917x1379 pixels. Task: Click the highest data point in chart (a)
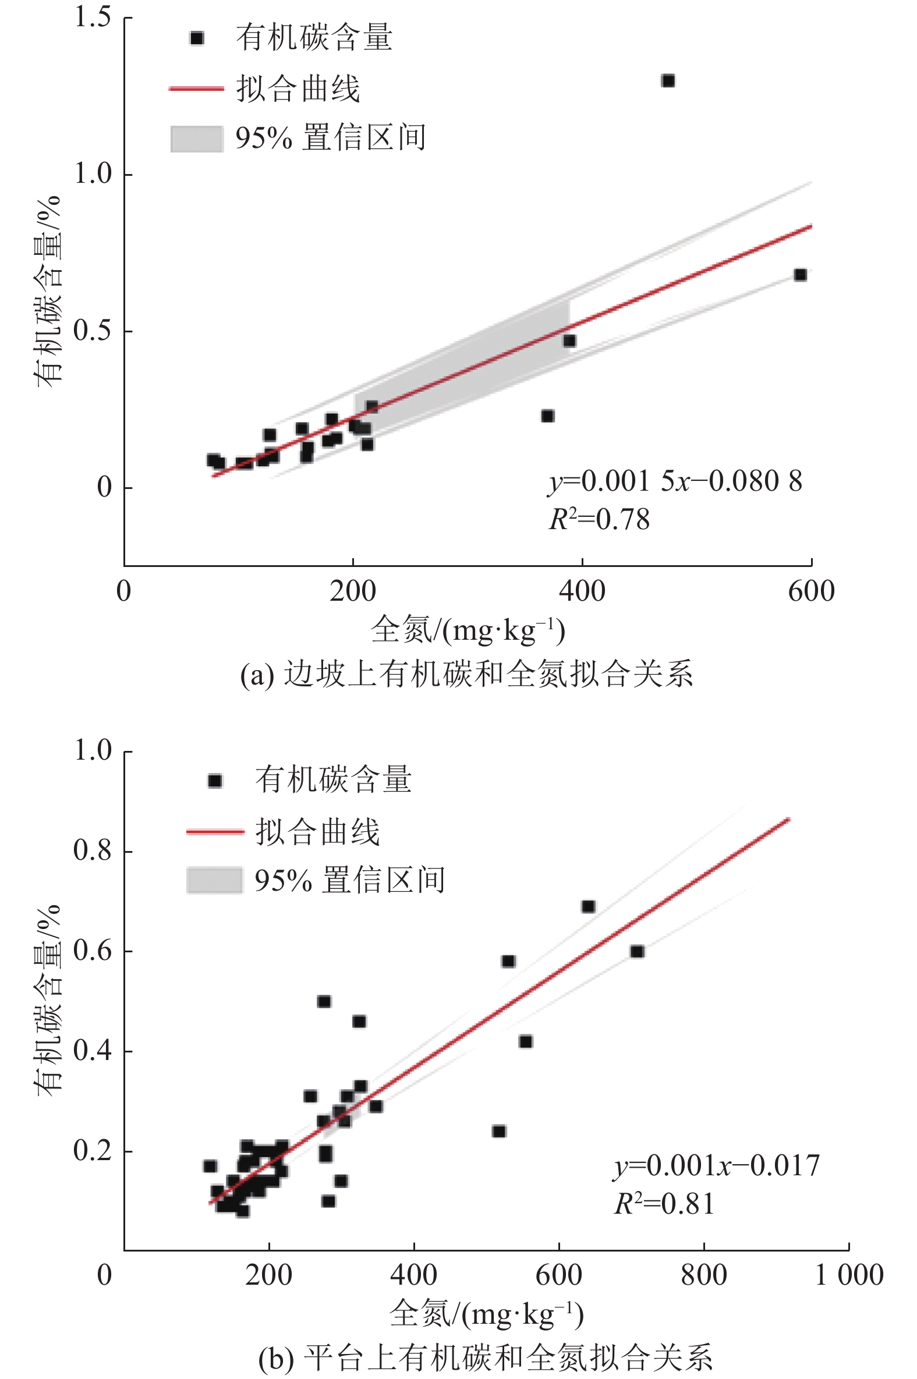tap(668, 81)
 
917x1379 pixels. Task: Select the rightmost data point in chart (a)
tap(801, 275)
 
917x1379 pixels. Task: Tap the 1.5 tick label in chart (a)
tap(93, 17)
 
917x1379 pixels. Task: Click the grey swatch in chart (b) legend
tap(214, 880)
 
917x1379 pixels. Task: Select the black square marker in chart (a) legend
tap(197, 38)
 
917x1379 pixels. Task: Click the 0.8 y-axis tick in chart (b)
tap(93, 850)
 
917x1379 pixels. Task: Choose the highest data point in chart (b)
tap(588, 907)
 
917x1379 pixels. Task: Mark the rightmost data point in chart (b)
tap(637, 952)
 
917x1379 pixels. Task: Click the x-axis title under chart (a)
tap(468, 630)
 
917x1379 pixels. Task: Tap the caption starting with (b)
tap(486, 1357)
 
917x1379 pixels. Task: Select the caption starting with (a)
tap(467, 673)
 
